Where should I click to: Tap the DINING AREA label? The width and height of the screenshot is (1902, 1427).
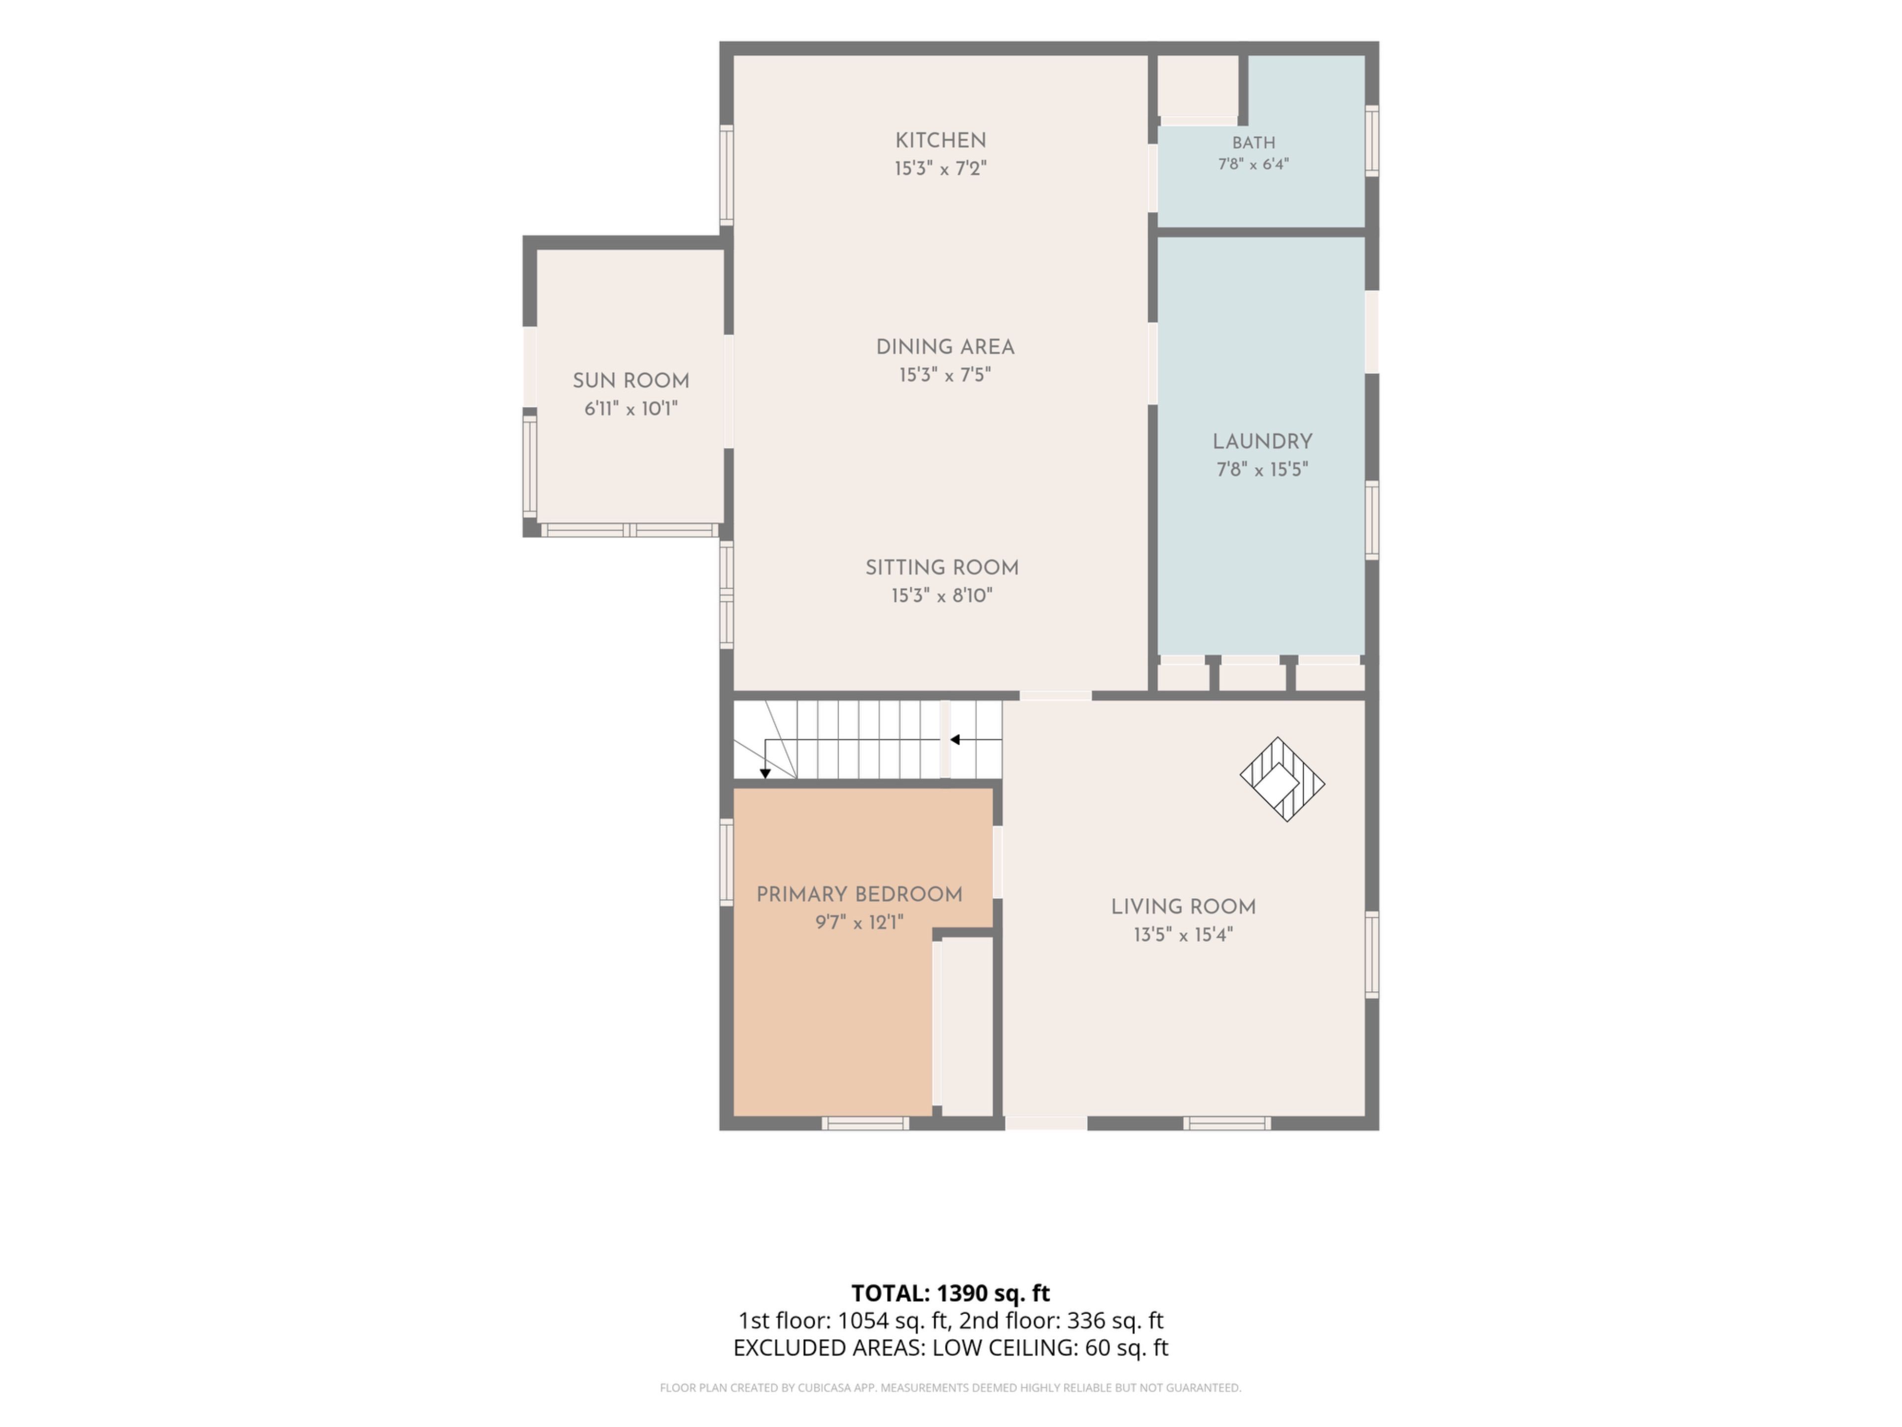click(945, 347)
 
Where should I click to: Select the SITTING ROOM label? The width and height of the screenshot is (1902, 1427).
click(942, 568)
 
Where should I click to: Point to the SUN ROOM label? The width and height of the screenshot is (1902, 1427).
click(631, 381)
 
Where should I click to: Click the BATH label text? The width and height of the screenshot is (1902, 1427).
click(1254, 143)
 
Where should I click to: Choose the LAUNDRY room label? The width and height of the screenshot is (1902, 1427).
click(1262, 442)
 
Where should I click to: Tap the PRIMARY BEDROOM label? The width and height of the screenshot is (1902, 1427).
click(859, 894)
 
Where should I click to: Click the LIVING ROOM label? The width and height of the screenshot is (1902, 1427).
click(1183, 907)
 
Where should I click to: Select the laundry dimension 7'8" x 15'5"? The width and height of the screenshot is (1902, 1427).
click(1262, 470)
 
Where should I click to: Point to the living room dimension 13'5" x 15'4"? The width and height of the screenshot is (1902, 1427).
click(1183, 935)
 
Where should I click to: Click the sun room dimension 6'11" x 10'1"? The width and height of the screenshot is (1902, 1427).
click(631, 409)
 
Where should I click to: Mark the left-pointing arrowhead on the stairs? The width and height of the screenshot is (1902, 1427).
click(954, 740)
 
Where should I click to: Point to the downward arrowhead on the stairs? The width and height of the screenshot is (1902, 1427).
click(765, 774)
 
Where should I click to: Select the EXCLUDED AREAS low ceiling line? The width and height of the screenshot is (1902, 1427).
click(950, 1348)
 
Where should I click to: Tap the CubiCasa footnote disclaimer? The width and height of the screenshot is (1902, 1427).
click(950, 1387)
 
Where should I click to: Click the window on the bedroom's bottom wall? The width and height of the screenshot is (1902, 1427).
click(865, 1123)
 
